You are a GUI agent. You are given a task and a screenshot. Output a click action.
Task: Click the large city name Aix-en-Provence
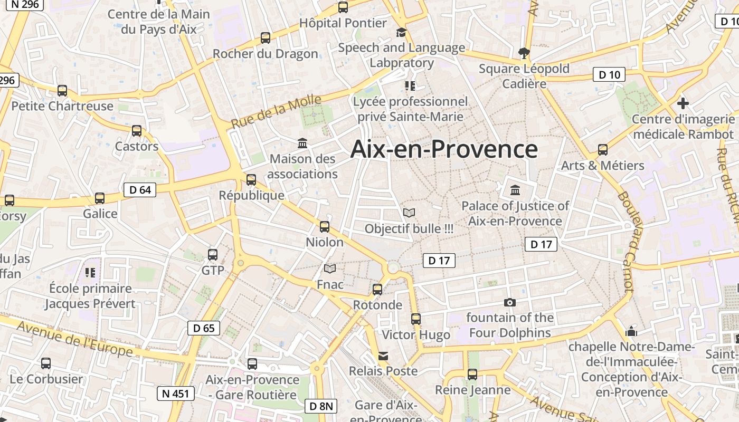click(x=444, y=149)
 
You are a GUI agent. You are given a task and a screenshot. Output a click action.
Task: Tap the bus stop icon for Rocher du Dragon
click(x=266, y=38)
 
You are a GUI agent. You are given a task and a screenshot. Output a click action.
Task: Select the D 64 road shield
click(x=140, y=190)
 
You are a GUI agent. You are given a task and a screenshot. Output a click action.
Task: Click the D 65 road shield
click(x=204, y=328)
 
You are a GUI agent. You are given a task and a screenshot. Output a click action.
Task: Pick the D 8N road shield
click(x=321, y=406)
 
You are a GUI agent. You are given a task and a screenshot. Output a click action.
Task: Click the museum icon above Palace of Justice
click(x=515, y=190)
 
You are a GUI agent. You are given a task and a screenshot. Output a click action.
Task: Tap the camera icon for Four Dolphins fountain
click(x=509, y=302)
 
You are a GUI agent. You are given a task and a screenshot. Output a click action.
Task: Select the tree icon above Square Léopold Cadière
click(x=524, y=52)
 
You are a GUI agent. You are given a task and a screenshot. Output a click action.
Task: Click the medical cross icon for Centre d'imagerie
click(x=683, y=103)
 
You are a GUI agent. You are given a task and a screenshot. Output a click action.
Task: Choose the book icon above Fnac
click(x=330, y=269)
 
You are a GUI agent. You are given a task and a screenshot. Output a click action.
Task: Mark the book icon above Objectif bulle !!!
click(x=409, y=213)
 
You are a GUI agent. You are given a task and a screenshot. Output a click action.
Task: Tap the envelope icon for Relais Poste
click(x=383, y=356)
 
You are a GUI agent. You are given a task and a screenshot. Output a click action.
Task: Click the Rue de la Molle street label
click(x=277, y=112)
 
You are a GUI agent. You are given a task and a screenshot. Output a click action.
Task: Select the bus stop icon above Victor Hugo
click(x=416, y=319)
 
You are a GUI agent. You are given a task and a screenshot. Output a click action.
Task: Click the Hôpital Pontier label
click(x=343, y=23)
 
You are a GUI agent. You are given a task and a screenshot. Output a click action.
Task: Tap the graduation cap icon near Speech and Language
click(x=401, y=33)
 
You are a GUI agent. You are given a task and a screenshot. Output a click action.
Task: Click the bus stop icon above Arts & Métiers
click(x=603, y=149)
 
